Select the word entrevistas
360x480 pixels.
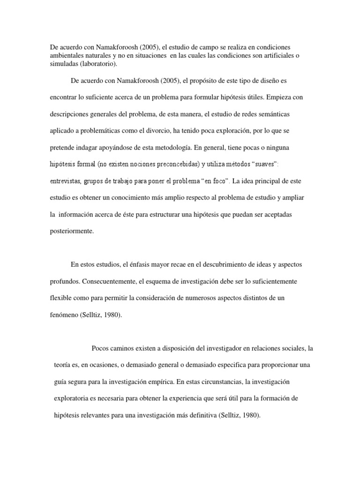[67, 181]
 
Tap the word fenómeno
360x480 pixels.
[65, 315]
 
